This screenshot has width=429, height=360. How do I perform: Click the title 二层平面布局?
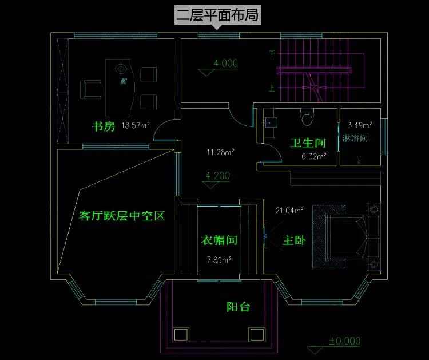[x=217, y=15]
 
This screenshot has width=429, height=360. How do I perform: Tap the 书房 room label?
[x=104, y=126]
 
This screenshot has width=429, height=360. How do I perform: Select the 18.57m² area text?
[x=135, y=126]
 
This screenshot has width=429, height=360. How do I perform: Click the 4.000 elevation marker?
[x=225, y=64]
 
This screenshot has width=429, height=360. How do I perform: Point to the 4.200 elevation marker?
[x=217, y=176]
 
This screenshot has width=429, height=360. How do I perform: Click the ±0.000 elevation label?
[x=344, y=341]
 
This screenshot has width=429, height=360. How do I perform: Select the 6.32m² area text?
[x=314, y=156]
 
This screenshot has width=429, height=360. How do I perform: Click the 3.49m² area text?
[x=360, y=125]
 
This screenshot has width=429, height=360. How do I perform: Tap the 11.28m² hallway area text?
[x=221, y=152]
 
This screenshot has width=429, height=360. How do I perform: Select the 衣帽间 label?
[x=219, y=240]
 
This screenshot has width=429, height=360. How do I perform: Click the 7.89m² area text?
[x=219, y=260]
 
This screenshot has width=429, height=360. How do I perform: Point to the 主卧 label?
[x=293, y=241]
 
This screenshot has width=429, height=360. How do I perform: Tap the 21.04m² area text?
[x=289, y=211]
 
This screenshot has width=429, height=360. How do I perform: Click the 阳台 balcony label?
[x=238, y=307]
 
